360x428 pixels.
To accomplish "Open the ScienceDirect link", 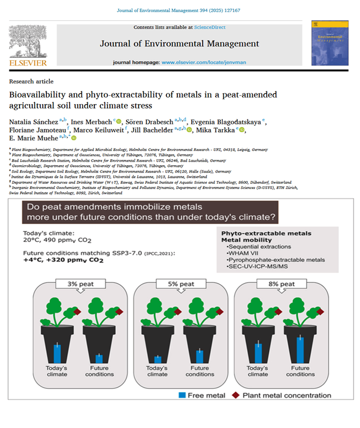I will click(x=210, y=27).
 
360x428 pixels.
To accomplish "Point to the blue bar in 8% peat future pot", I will click(x=301, y=349).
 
